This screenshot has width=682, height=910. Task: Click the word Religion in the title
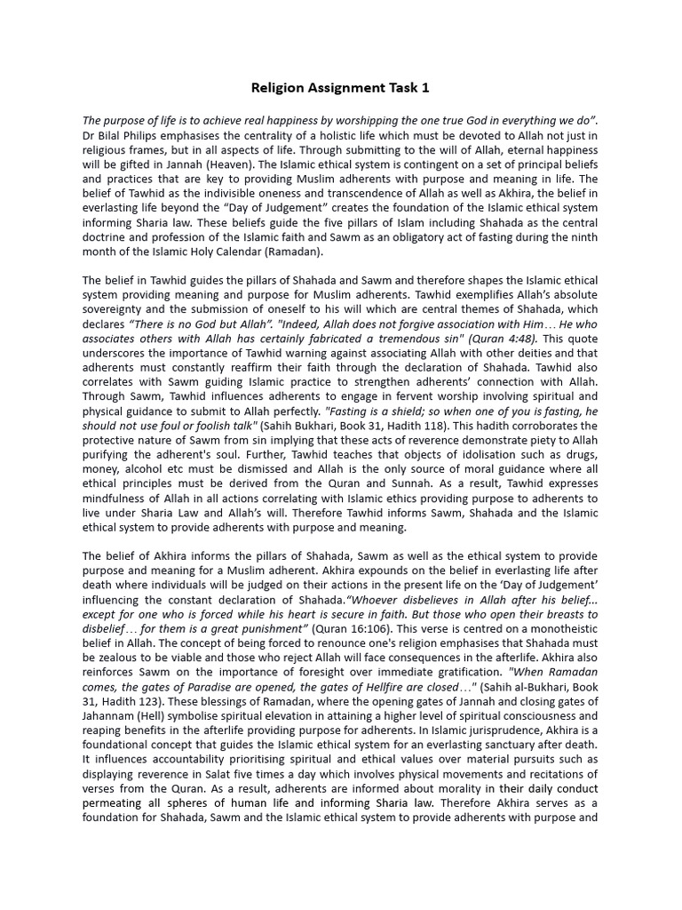click(277, 88)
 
